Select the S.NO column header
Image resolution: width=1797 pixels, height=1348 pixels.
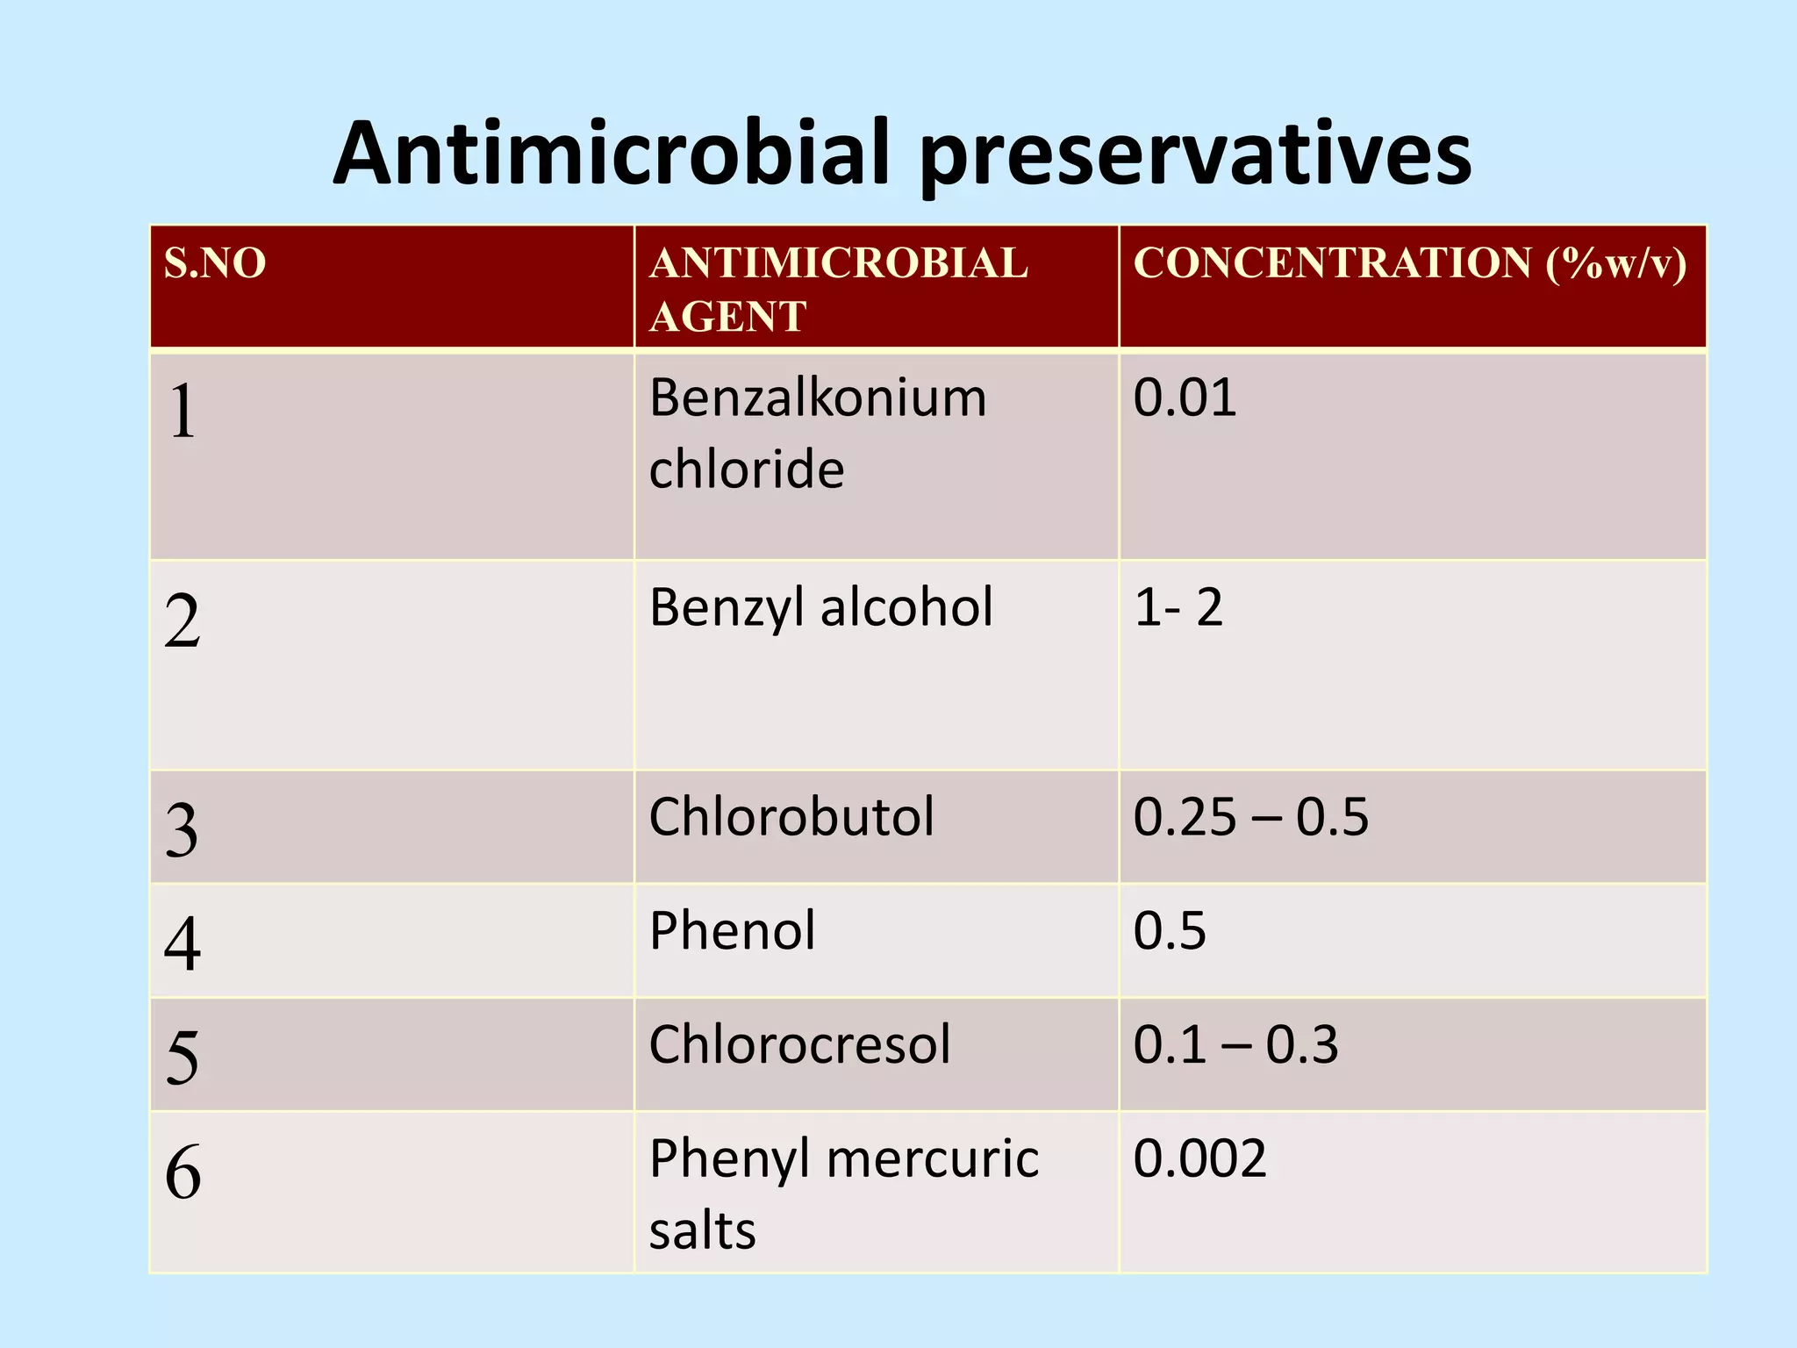(215, 263)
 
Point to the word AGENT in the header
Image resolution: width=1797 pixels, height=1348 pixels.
(727, 317)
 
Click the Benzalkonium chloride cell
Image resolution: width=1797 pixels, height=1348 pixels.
(818, 434)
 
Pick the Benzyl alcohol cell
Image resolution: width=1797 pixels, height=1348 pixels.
(821, 607)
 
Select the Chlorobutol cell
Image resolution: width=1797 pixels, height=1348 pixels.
(791, 817)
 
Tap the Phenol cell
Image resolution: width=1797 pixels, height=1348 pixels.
(733, 930)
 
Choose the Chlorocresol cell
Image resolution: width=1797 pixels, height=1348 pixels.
(799, 1044)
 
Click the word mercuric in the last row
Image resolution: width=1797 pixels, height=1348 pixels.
(933, 1158)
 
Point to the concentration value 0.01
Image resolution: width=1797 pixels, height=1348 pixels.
(1185, 398)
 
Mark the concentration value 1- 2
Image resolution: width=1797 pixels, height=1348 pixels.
(1178, 607)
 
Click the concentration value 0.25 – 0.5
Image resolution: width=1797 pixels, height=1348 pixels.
(1250, 817)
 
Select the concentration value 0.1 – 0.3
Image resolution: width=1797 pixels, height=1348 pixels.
(1235, 1044)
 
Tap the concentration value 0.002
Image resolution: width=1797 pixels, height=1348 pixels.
(1199, 1158)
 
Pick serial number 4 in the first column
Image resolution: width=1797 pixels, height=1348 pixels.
(183, 943)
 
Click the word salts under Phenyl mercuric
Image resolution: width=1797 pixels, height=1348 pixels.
(702, 1230)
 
